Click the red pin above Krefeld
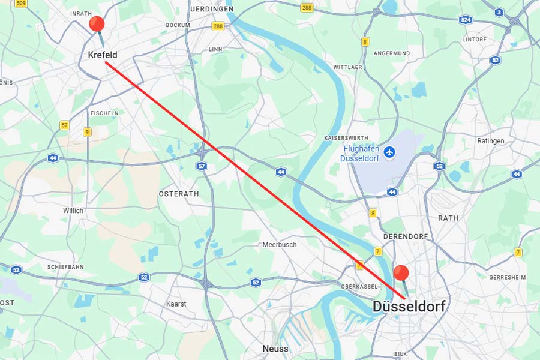coord(97,25)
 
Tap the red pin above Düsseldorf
coord(401,274)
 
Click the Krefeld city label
coord(102,55)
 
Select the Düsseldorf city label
coord(409,307)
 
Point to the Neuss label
coord(275,349)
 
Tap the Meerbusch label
coord(279,245)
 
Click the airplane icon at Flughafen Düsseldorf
coord(390,152)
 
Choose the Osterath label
coord(178,194)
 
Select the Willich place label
coord(73,211)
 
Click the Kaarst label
coord(176,304)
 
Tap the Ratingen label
coord(491,141)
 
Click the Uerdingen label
coord(211,10)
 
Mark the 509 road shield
coord(22,4)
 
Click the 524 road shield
coord(466,20)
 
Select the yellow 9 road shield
coord(88,132)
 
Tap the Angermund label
coord(391,53)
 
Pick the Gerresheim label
coord(507,278)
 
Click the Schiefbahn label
coord(66,267)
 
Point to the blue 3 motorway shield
coord(499,12)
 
